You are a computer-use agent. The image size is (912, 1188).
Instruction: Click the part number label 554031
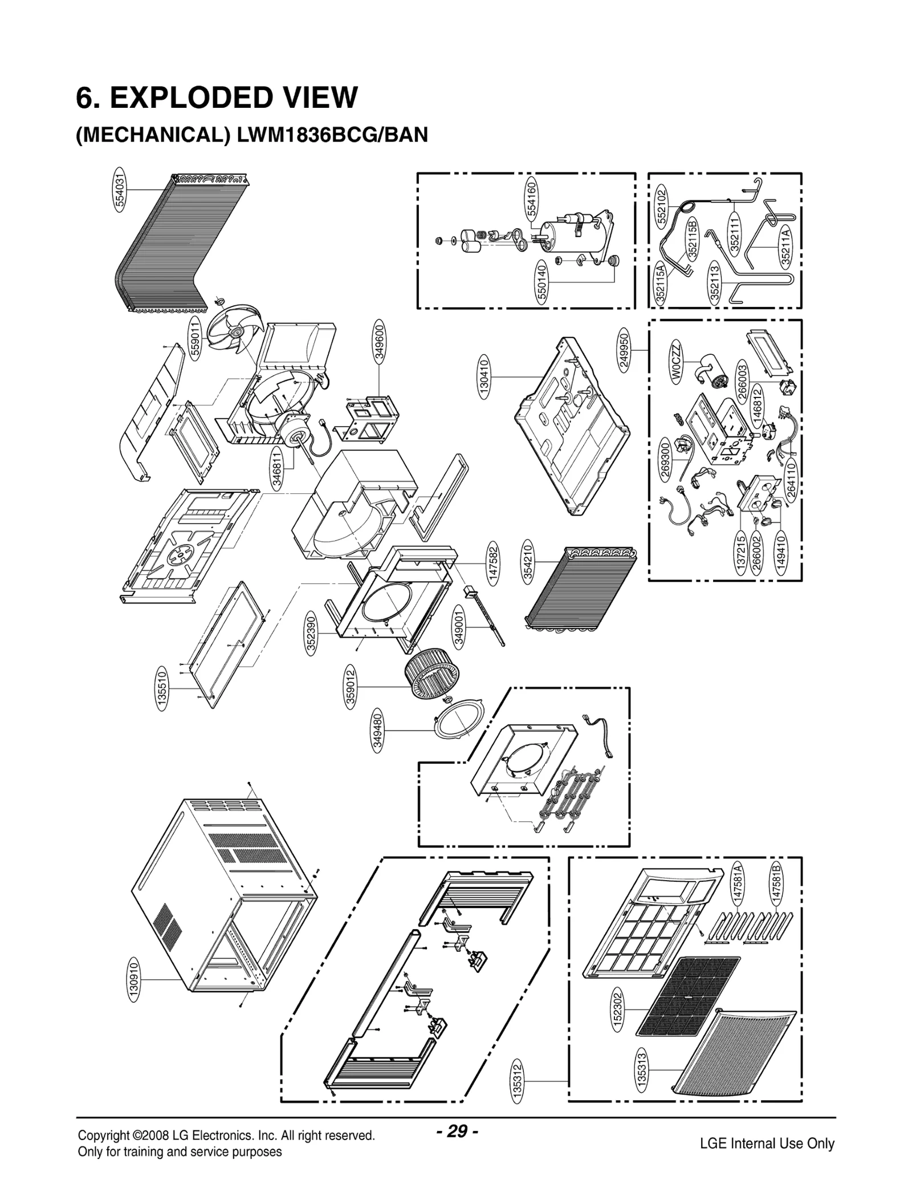click(x=120, y=189)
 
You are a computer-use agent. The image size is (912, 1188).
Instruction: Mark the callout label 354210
click(x=528, y=563)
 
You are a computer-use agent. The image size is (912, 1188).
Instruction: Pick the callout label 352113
click(x=714, y=282)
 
